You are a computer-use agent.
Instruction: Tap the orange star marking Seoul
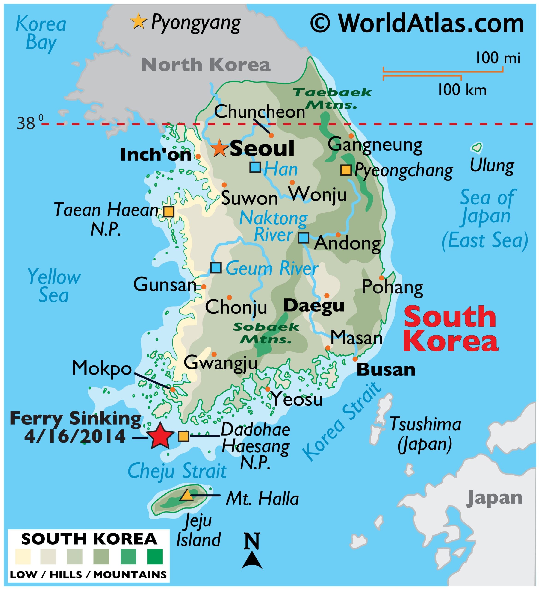coord(219,148)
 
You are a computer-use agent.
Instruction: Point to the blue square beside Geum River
coord(216,268)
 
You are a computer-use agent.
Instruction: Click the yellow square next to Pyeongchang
coord(346,170)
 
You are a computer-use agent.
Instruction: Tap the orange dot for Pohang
coord(381,278)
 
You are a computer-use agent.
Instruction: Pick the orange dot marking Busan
coord(355,359)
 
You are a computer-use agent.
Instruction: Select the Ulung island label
coord(492,166)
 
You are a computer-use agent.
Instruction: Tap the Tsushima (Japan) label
coord(425,434)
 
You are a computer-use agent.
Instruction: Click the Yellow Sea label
coord(54,286)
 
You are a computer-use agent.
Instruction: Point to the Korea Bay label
coord(41,33)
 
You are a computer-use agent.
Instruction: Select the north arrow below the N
coord(251,561)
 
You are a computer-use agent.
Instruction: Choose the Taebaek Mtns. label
coord(332,99)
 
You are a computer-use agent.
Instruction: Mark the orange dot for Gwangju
coord(214,354)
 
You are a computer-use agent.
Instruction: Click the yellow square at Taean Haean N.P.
coord(168,211)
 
